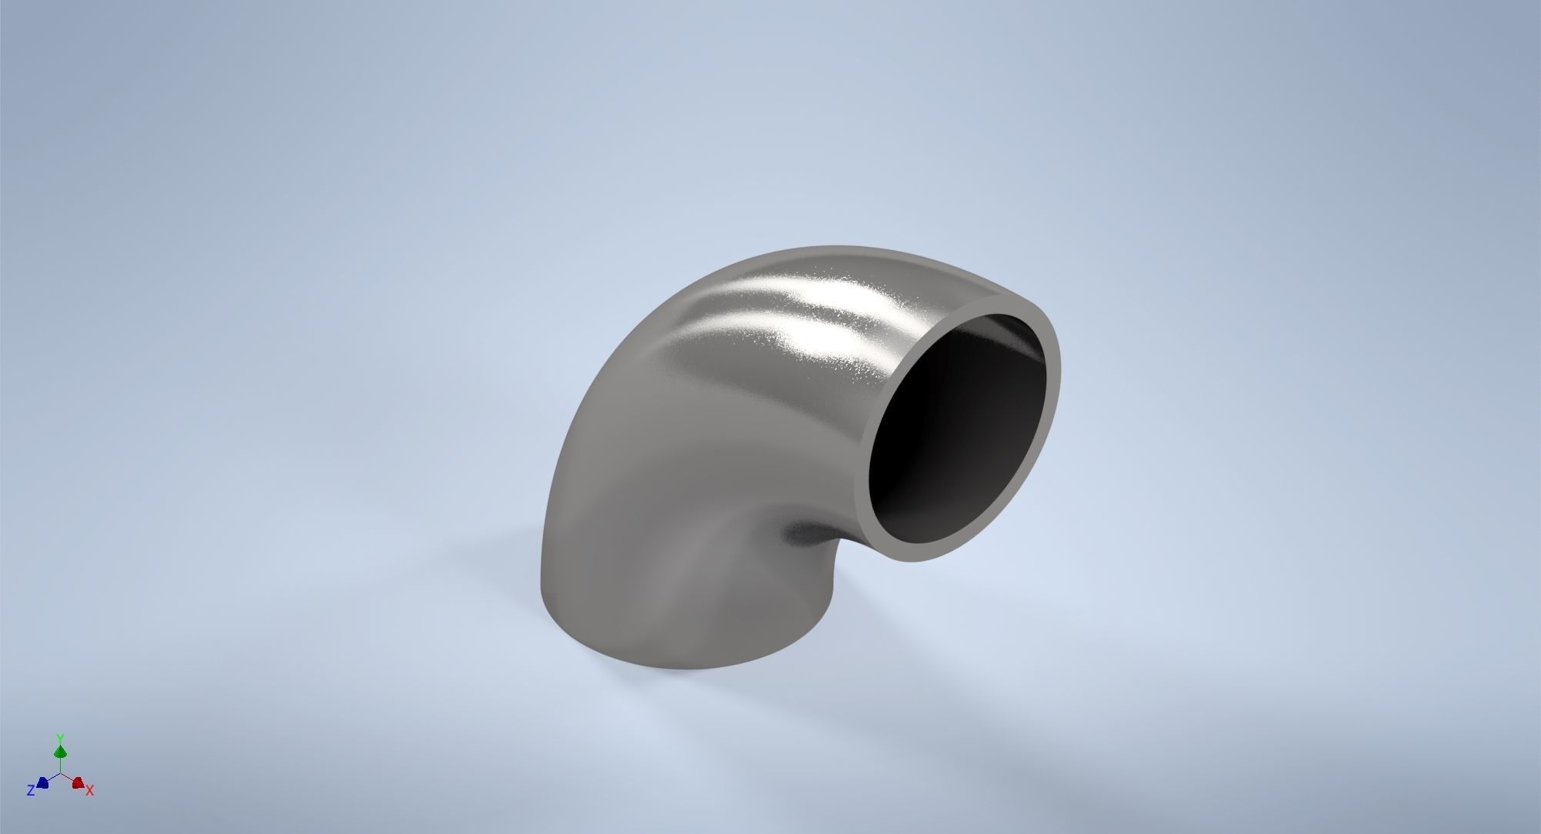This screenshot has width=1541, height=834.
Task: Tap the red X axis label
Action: pos(90,790)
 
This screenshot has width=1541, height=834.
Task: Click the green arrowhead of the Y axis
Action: pos(60,751)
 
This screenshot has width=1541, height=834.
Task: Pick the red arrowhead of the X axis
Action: pos(78,783)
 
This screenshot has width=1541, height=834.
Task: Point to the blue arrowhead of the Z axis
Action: pos(43,783)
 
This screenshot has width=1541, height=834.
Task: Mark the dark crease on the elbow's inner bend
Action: pos(804,531)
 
